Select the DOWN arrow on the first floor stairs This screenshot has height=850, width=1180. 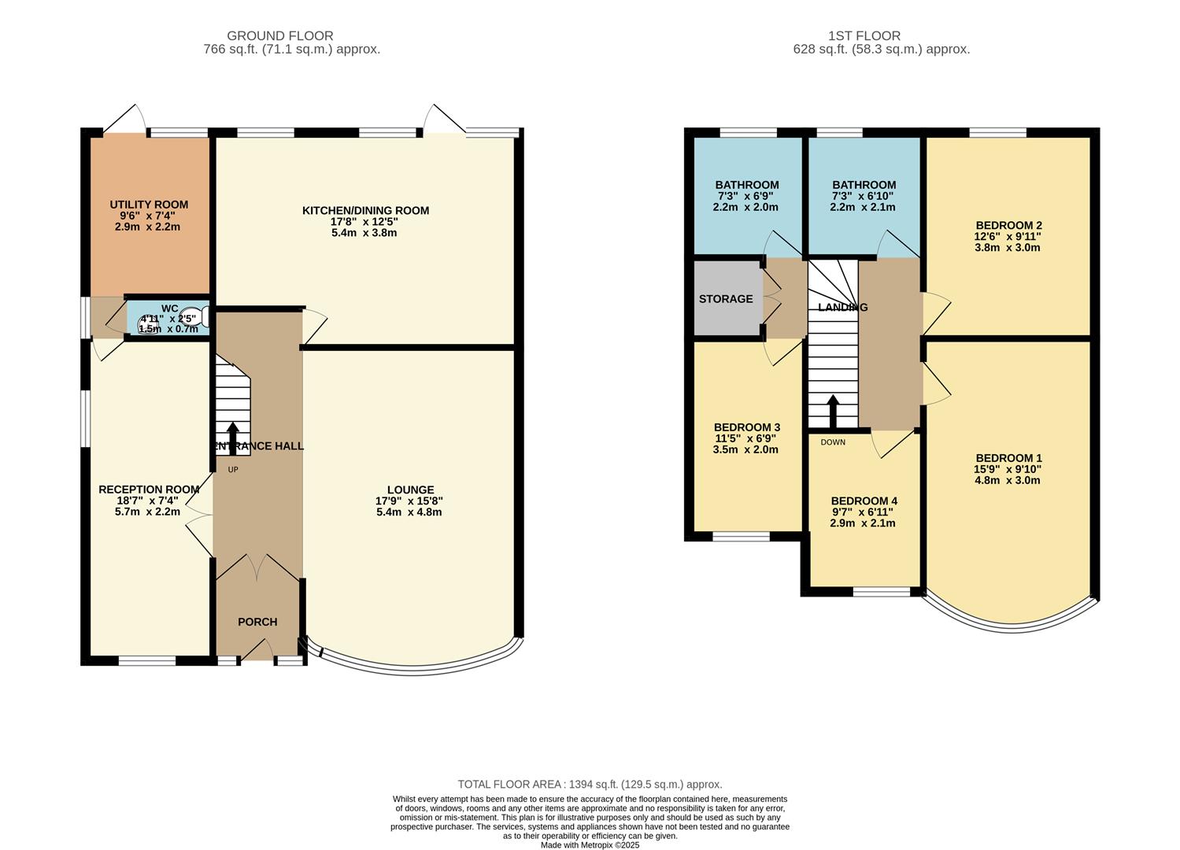pos(832,411)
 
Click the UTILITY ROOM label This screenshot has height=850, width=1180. pos(149,205)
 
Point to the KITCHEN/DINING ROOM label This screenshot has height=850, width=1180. pos(365,210)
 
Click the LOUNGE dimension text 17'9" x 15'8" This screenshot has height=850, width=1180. pos(409,501)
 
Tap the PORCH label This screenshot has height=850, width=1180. pos(257,622)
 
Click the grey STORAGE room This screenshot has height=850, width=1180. pos(726,299)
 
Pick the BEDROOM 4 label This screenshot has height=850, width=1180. pos(864,501)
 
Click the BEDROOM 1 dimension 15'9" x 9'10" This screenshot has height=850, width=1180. pos(1008,469)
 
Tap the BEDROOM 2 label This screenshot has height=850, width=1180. pos(1008,225)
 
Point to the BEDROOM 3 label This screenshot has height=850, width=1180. pos(746,427)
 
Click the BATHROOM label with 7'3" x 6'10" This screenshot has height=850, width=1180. pos(864,185)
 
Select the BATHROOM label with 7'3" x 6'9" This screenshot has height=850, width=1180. pos(746,185)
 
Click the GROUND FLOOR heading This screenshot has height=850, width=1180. pos(279,35)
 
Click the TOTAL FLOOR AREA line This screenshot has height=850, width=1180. pos(590,784)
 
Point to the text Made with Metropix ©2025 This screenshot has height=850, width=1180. pos(590,845)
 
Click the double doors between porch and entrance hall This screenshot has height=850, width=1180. pos(257,567)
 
